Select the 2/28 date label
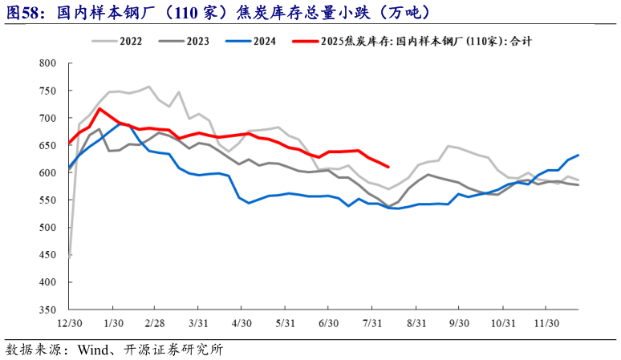tap(155, 322)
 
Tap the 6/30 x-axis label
tap(328, 322)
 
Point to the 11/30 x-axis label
tap(546, 322)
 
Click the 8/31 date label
tap(416, 322)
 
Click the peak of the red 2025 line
tap(99, 108)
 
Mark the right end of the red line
tap(388, 167)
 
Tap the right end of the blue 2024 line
tap(578, 155)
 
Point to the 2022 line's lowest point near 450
tap(71, 256)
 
